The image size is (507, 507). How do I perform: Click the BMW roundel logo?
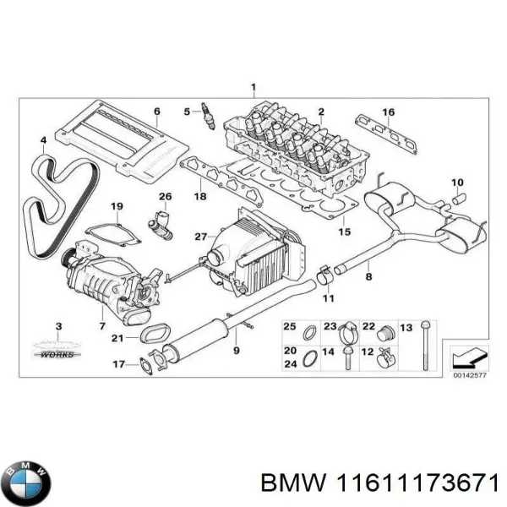tap(27, 461)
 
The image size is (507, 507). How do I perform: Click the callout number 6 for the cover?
tap(156, 112)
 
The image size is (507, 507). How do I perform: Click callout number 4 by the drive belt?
tap(43, 139)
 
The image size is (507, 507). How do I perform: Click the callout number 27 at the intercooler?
tap(199, 236)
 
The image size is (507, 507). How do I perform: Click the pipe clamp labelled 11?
tap(324, 275)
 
